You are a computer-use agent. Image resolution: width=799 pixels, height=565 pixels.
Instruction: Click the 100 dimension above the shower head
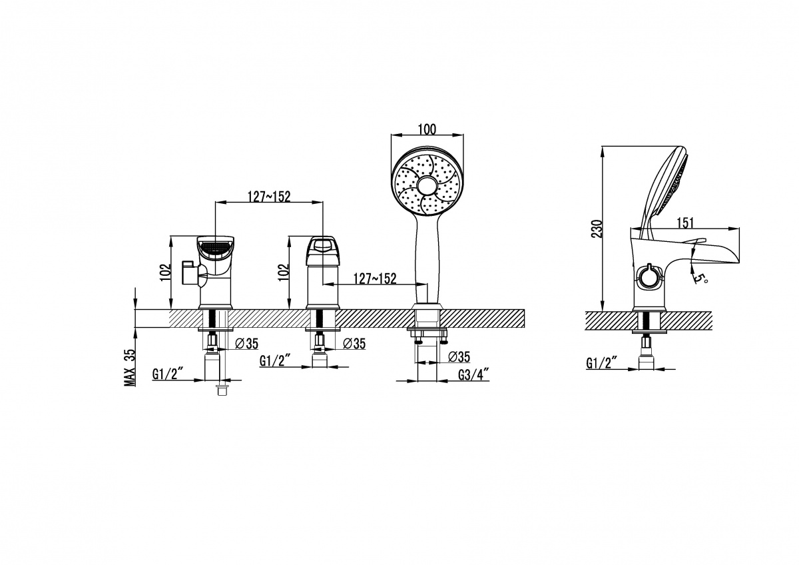click(x=427, y=129)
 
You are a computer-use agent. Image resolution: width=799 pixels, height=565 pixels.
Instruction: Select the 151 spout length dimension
click(x=685, y=223)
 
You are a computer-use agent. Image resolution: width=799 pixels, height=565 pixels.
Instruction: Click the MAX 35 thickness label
click(x=130, y=367)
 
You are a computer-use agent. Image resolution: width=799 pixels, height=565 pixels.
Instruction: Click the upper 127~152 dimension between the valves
click(x=269, y=197)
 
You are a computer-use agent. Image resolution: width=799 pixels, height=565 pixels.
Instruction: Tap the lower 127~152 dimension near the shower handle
click(x=375, y=279)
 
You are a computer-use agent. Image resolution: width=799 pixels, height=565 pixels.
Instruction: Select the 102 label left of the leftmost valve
click(x=166, y=273)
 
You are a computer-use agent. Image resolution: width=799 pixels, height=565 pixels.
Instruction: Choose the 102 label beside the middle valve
click(x=284, y=273)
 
